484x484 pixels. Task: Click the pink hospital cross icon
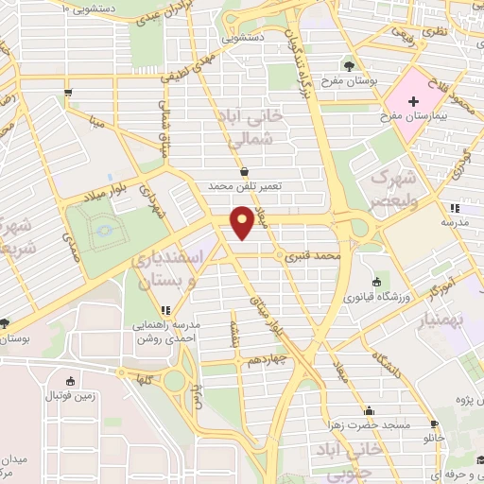click(413, 98)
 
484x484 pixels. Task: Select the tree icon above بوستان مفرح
click(352, 66)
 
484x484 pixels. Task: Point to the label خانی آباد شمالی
click(262, 130)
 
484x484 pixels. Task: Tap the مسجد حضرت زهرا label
click(371, 425)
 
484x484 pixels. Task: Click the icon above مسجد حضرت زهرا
click(369, 411)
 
